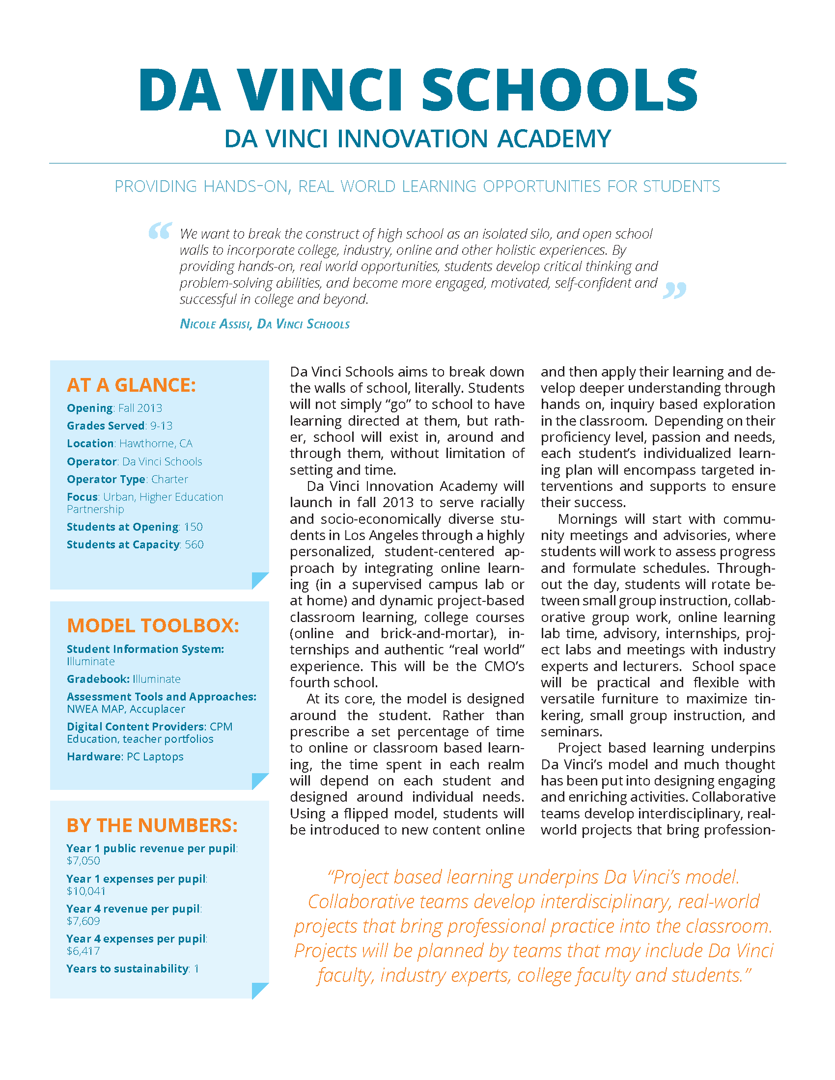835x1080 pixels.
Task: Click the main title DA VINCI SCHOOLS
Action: (418, 89)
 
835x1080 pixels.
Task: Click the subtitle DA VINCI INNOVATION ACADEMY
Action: (418, 139)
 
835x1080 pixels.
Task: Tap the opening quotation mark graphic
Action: (160, 231)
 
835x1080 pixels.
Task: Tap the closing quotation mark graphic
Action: (674, 290)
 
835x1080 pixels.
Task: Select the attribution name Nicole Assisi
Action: (216, 324)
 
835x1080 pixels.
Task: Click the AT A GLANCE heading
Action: (132, 385)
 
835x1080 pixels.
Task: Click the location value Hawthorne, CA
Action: (156, 444)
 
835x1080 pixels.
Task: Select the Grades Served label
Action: (106, 426)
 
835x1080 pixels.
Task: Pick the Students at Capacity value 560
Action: (195, 545)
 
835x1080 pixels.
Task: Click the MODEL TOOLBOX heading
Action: (153, 626)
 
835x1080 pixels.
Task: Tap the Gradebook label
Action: (98, 679)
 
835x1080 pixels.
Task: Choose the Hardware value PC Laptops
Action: (155, 757)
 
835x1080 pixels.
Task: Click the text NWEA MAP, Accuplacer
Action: (126, 710)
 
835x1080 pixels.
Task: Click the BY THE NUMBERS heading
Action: (152, 826)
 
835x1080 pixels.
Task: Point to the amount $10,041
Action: (86, 891)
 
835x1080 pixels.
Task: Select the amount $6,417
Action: (83, 951)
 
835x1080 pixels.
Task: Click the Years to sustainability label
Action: (128, 969)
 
